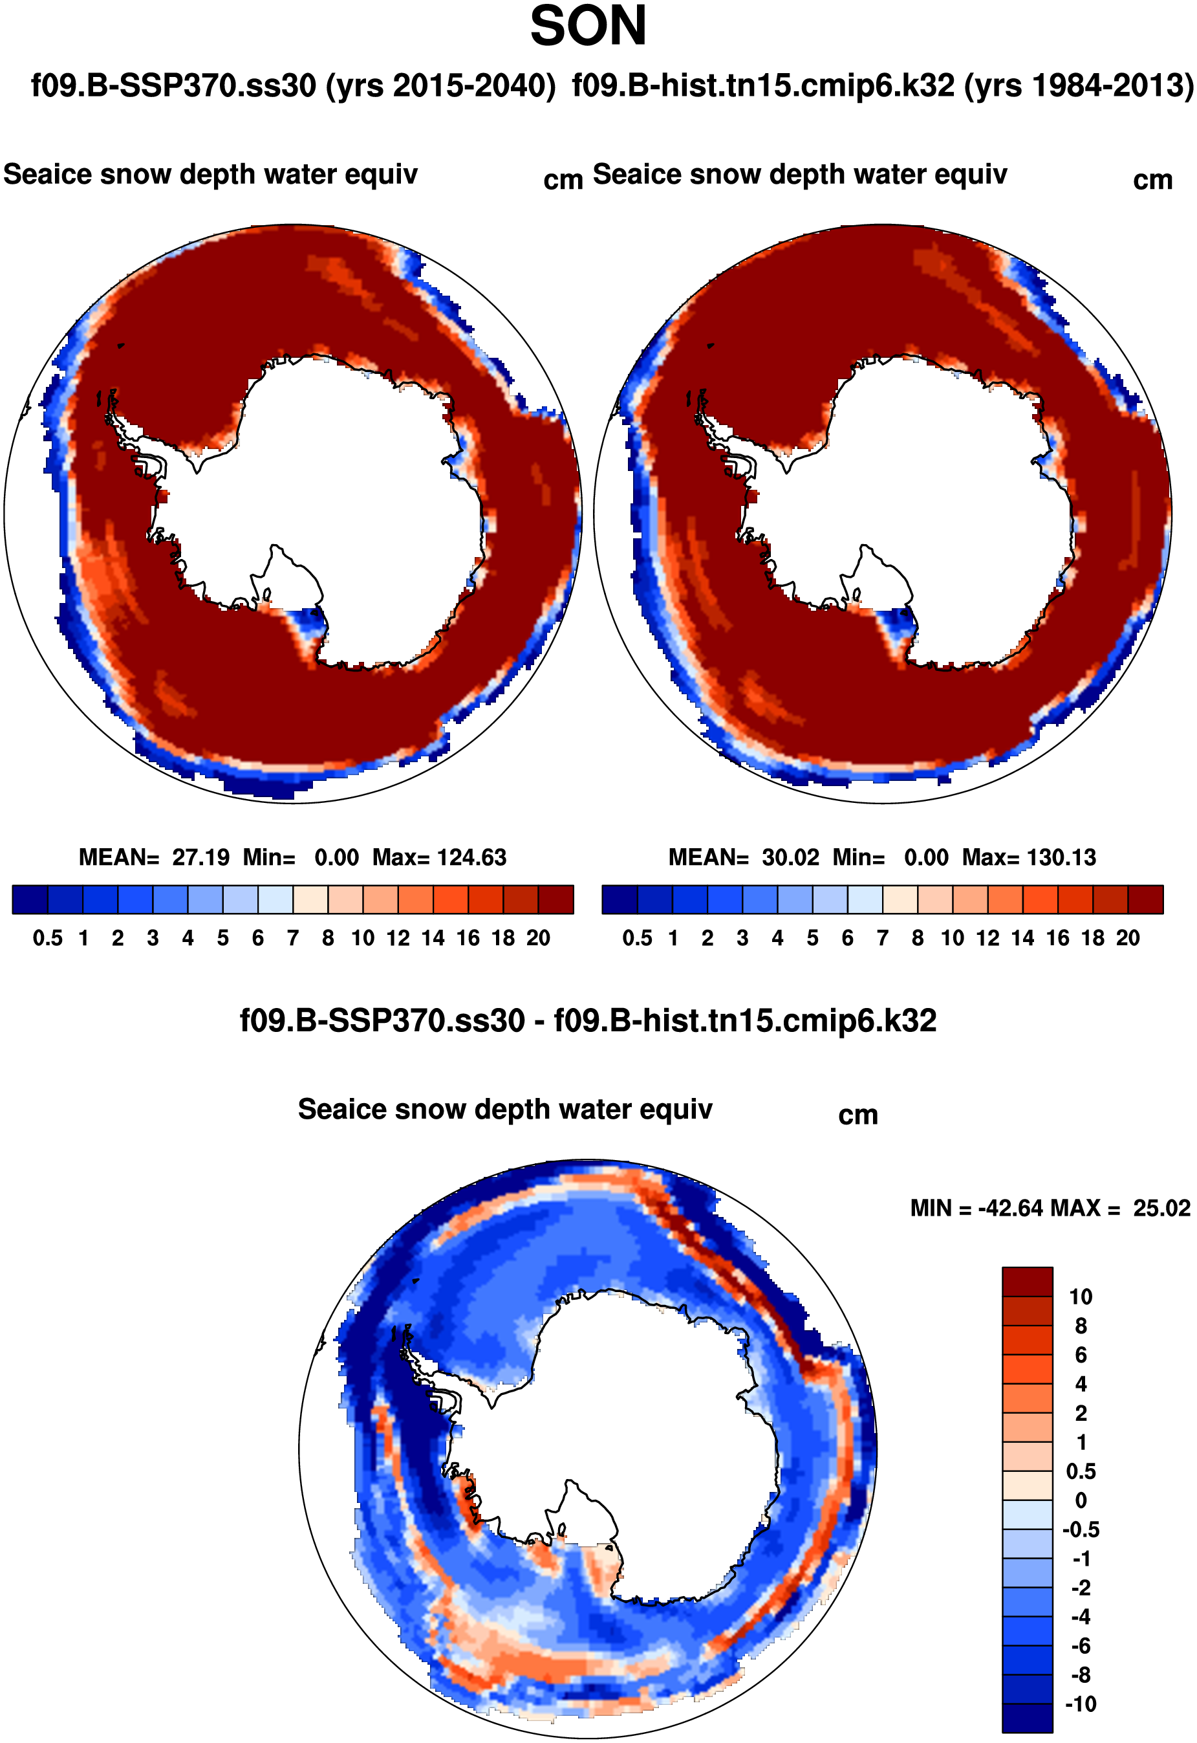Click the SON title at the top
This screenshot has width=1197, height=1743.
tap(588, 27)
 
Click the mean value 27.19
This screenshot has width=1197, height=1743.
tap(200, 858)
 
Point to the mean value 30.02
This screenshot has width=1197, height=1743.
tap(790, 858)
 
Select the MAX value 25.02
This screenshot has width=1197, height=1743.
tap(1161, 1209)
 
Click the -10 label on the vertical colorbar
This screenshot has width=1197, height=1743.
tap(1081, 1705)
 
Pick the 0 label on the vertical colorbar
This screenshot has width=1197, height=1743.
tap(1081, 1500)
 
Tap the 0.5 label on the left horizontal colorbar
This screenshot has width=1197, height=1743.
tap(47, 939)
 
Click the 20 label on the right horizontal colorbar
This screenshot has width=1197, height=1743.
tap(1127, 939)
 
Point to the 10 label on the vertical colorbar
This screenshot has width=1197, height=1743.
tap(1081, 1297)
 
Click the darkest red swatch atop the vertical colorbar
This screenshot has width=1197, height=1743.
tap(1027, 1282)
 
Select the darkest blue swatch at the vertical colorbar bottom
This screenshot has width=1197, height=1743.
tap(1027, 1718)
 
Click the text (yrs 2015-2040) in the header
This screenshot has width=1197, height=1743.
tap(440, 86)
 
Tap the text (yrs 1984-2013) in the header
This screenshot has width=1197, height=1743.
tap(1078, 86)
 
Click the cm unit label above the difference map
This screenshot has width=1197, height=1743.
tap(857, 1115)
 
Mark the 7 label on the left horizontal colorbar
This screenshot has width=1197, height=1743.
tap(292, 939)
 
